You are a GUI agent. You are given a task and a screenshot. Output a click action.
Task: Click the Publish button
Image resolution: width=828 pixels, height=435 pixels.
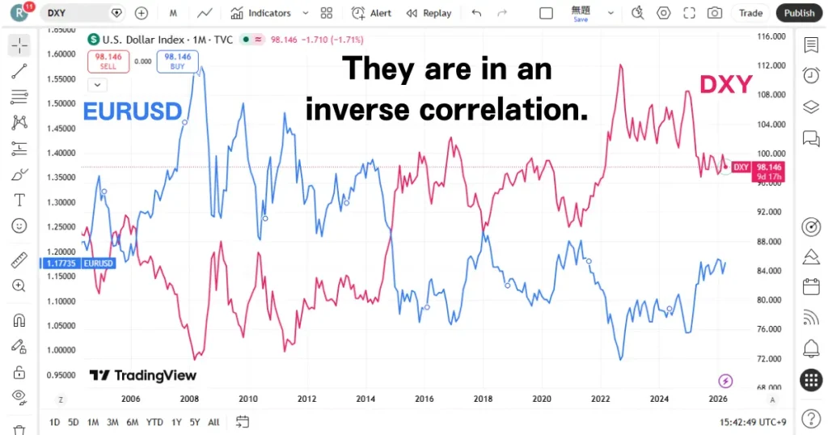799,13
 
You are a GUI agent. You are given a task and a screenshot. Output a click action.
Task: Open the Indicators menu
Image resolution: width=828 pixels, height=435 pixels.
268,13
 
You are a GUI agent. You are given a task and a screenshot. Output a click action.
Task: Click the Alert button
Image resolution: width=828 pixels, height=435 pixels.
371,13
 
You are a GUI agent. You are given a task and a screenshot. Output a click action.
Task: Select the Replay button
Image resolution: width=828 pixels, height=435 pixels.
429,13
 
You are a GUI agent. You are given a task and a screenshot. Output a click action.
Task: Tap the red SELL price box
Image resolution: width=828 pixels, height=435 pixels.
108,61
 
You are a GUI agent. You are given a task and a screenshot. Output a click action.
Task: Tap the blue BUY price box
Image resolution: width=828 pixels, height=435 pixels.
177,61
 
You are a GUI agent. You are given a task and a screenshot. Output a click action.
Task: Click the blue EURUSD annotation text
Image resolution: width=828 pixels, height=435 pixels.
133,111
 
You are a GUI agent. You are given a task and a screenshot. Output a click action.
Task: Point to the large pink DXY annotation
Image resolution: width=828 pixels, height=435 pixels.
725,84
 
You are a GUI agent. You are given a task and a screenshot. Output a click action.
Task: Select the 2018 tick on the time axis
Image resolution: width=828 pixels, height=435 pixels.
483,399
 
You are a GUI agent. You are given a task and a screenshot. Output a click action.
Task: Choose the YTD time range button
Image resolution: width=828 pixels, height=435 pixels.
154,422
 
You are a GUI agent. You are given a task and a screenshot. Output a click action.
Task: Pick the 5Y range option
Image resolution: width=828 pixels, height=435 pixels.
195,422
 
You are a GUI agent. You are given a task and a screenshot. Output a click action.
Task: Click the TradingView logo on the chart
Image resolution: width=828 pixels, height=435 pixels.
142,375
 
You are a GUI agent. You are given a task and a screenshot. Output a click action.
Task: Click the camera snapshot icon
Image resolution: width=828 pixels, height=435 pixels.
714,13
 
